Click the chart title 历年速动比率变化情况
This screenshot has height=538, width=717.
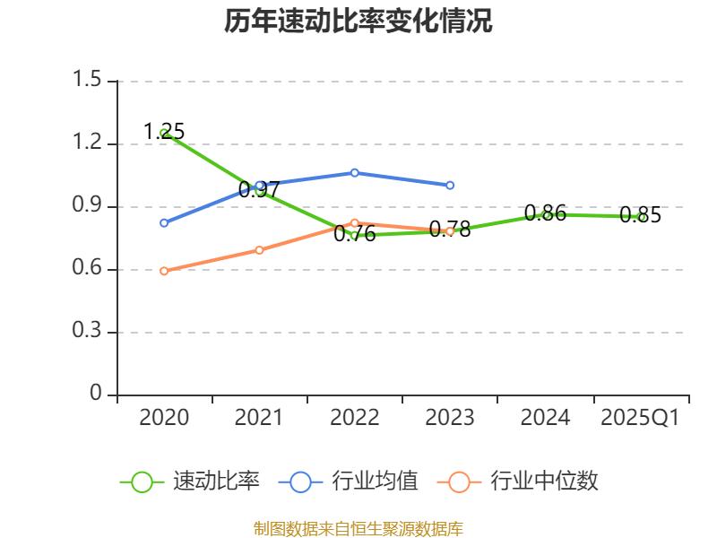pos(358,22)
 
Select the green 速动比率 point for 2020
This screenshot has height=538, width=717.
pos(164,133)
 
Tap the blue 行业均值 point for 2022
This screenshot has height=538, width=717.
pos(355,172)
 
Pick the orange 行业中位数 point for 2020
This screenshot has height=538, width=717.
pos(164,271)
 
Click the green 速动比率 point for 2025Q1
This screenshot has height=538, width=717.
pos(641,217)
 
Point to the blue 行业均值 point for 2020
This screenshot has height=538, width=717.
pos(164,222)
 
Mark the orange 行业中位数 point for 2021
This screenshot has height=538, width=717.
pos(260,250)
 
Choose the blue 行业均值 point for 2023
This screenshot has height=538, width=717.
pos(450,185)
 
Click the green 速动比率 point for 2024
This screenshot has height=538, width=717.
pos(546,215)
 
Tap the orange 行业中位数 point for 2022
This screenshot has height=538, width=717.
pos(355,222)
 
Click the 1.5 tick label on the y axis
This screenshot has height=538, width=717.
pos(90,82)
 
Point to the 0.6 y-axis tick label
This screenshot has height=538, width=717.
pos(90,270)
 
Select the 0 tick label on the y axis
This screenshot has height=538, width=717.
pos(97,395)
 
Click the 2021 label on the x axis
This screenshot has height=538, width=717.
pos(259,418)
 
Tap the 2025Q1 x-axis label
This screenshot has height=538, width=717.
pos(640,418)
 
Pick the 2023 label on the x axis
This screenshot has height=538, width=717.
pos(450,418)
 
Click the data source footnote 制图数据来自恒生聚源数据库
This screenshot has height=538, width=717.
pos(358,528)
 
